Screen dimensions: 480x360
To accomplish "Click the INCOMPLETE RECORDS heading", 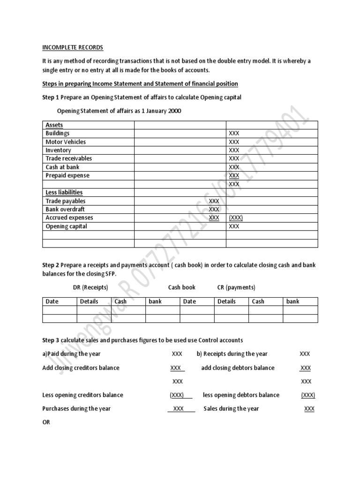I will point(73,48).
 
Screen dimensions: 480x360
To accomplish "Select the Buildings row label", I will point(57,134).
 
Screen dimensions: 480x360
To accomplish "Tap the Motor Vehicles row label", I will point(66,142).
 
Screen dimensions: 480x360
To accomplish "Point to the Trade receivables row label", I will point(68,158).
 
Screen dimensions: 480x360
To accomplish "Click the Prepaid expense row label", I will point(67,175).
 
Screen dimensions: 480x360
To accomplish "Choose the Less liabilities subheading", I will point(64,192).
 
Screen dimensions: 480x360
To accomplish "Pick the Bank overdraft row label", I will point(65,209).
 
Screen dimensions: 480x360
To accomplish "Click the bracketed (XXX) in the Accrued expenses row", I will point(235,217).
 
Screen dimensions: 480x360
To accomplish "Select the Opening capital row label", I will point(66,226).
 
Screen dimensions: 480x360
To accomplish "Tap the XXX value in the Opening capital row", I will point(233,226).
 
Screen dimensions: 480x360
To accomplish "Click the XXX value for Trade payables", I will point(214,201).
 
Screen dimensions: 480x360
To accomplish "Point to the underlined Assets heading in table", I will point(54,125).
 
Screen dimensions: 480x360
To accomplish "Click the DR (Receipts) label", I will point(90,287).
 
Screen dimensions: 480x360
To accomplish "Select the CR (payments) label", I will point(236,287).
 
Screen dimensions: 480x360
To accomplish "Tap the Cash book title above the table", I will point(182,287).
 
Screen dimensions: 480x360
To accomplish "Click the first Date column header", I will point(52,301).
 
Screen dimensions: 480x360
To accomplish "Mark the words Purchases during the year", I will point(76,409).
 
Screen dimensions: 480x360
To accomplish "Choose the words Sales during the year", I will point(231,409).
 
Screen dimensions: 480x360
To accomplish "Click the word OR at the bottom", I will point(46,422).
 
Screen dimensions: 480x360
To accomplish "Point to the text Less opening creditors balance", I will point(82,395).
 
